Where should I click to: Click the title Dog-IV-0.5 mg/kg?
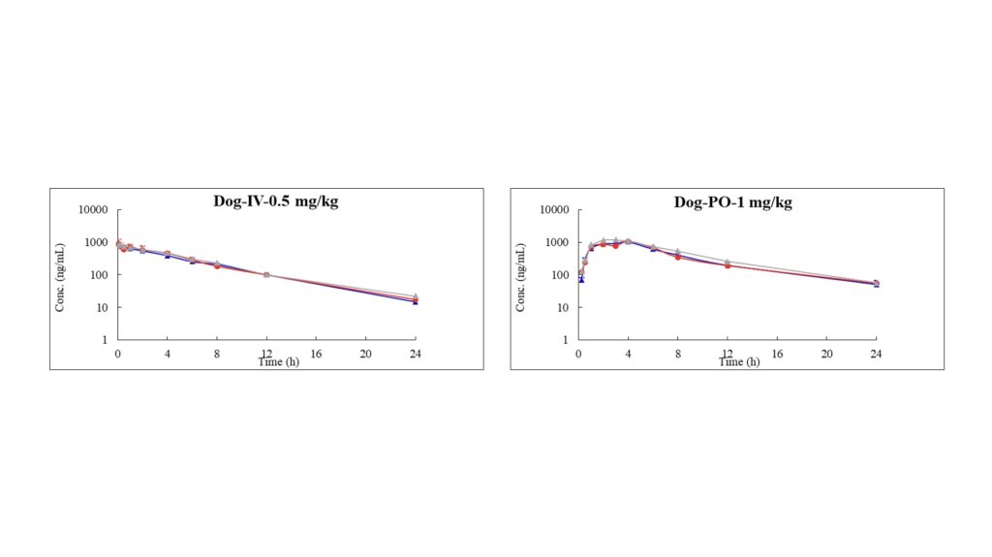click(x=276, y=202)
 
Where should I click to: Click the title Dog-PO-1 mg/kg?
click(x=733, y=202)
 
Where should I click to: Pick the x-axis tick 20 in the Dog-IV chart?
click(x=365, y=354)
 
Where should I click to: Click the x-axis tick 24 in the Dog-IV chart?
click(x=415, y=354)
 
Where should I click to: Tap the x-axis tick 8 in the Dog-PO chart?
click(x=677, y=354)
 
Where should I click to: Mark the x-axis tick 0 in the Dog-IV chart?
click(x=118, y=354)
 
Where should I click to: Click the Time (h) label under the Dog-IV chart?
click(x=279, y=361)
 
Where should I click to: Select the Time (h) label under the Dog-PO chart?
click(x=739, y=361)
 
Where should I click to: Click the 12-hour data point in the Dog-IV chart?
click(x=266, y=275)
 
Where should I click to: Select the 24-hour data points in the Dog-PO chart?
click(x=876, y=283)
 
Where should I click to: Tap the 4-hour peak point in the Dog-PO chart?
click(x=628, y=241)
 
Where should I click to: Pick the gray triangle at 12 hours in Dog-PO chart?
click(x=728, y=262)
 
